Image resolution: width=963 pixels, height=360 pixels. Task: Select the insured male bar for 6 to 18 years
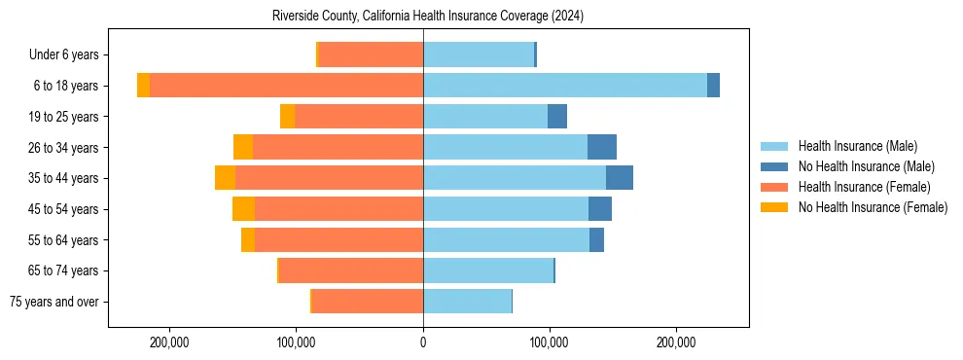(564, 86)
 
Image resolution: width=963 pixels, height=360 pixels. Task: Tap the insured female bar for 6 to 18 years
(287, 86)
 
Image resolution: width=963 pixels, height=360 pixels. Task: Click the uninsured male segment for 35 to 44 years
(620, 178)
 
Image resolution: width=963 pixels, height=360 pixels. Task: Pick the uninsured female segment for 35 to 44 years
(225, 178)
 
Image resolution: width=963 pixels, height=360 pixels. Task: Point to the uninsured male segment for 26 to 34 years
(602, 147)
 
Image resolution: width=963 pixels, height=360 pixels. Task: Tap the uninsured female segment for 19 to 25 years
(287, 117)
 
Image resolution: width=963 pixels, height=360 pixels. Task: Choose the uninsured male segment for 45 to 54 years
(600, 209)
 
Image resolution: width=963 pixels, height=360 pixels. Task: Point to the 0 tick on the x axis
(423, 342)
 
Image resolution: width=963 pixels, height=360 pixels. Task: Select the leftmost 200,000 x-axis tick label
(169, 342)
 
